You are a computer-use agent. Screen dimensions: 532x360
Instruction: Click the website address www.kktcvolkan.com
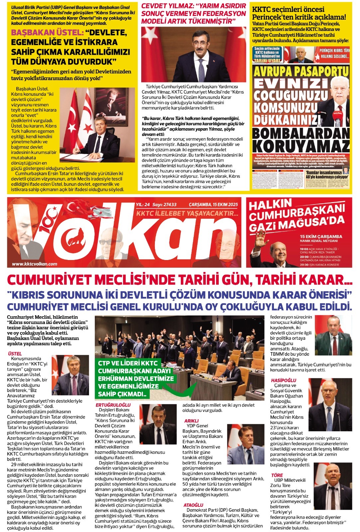35,264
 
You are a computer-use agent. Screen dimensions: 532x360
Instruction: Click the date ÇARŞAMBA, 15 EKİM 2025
213,204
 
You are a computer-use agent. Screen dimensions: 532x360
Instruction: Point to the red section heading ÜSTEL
15,353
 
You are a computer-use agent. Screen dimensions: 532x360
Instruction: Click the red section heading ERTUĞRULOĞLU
113,405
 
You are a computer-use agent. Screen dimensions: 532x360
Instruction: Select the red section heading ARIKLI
191,421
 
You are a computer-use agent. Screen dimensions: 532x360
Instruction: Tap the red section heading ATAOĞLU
193,505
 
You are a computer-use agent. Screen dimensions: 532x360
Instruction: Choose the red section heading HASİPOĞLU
283,380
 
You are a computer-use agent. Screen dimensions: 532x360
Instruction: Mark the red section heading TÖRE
277,475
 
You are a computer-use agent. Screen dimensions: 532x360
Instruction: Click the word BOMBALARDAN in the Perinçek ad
301,133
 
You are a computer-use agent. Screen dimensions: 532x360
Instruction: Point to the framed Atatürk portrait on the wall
111,106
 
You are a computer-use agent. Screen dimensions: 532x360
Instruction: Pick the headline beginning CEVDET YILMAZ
193,14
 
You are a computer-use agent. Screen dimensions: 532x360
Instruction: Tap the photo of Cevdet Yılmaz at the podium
193,55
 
